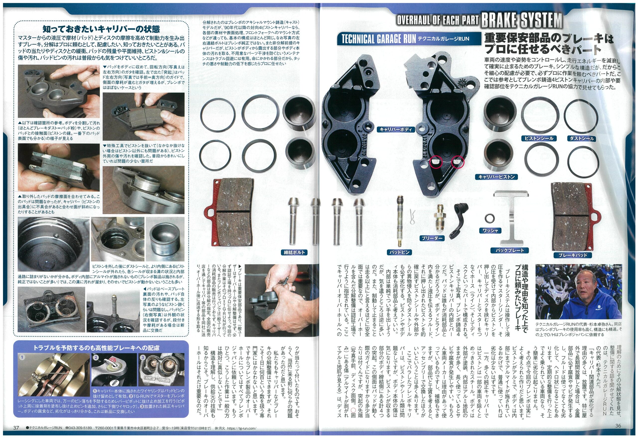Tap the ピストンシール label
tap(539, 139)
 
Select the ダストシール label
tap(581, 139)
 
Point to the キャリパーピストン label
tap(496, 177)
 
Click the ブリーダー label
tap(432, 238)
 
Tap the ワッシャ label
tap(490, 230)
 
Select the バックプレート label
tap(510, 250)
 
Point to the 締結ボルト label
tap(295, 252)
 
